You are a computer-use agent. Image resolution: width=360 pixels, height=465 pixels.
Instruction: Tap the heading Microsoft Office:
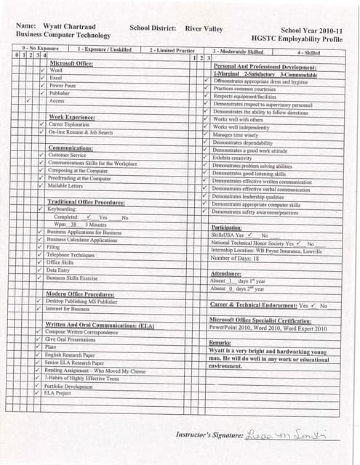click(x=76, y=63)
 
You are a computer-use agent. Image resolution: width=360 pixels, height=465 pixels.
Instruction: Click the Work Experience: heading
click(x=72, y=117)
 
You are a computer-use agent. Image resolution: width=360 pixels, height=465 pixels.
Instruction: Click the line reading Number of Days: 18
click(x=235, y=258)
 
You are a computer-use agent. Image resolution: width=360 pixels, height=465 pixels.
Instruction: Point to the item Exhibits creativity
click(x=232, y=158)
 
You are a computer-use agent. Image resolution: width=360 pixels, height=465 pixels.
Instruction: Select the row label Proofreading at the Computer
click(x=79, y=178)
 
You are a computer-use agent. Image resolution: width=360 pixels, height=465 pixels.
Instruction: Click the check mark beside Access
click(x=27, y=101)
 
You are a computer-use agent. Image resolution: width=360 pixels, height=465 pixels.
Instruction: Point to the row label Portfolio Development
click(x=69, y=387)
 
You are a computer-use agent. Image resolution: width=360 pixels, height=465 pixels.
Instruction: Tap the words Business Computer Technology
click(x=63, y=35)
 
